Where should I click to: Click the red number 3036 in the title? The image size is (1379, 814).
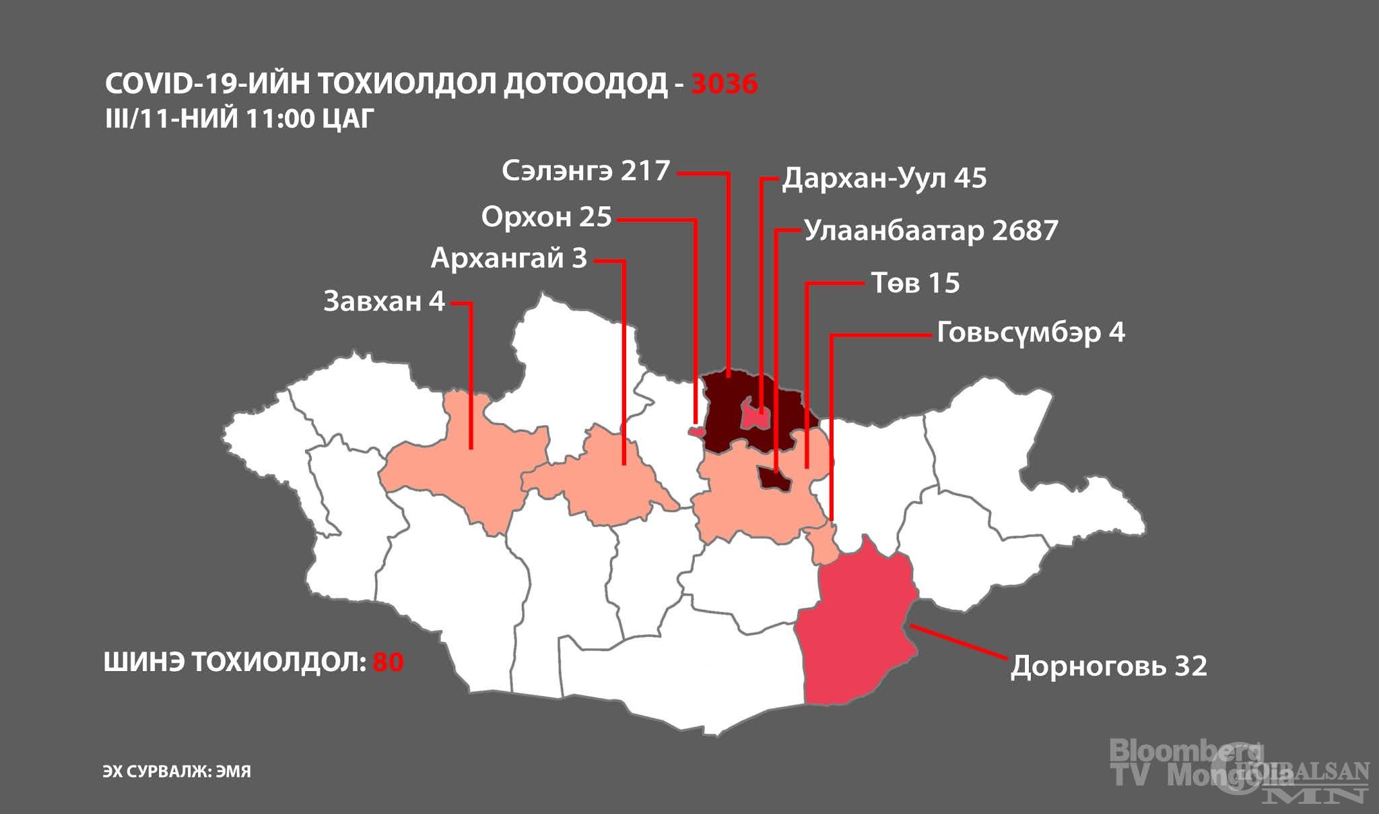(x=725, y=84)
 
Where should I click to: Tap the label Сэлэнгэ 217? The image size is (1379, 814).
(x=586, y=171)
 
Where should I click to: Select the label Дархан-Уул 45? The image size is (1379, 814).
(x=884, y=179)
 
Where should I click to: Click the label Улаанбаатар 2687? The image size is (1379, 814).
(x=931, y=230)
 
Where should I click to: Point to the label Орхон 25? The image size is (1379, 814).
(x=546, y=217)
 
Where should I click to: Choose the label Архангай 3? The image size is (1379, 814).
(x=509, y=258)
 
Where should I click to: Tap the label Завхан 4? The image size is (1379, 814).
(x=384, y=301)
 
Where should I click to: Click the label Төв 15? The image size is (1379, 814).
(x=915, y=283)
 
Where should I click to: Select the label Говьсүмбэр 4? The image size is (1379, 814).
(x=1030, y=333)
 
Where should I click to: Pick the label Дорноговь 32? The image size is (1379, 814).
(x=1108, y=666)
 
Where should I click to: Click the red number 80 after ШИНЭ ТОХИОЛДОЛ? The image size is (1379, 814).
(x=388, y=662)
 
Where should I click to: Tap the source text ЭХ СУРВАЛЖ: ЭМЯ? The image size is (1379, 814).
(x=176, y=772)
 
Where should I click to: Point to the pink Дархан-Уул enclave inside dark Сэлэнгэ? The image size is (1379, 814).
(x=755, y=414)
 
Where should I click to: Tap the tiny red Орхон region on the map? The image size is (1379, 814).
(x=696, y=431)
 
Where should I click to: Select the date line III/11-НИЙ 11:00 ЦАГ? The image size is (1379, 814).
(x=238, y=119)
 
